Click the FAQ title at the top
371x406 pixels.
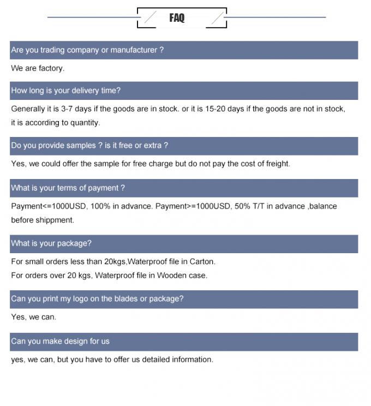coord(177,18)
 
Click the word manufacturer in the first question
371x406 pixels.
coord(134,50)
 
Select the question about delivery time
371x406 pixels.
coord(65,91)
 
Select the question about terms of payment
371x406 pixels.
coord(68,188)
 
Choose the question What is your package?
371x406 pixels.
coord(51,243)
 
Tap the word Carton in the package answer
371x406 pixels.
coord(202,261)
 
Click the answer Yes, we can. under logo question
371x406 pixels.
coord(33,317)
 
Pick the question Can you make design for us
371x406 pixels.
coord(60,342)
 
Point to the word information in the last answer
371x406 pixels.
coord(192,360)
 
